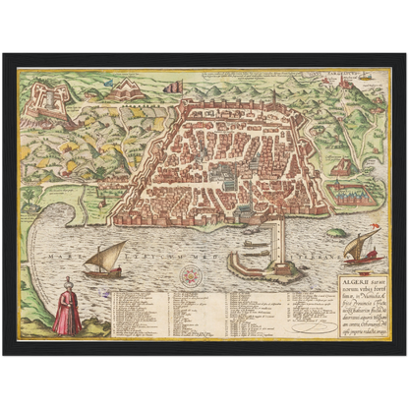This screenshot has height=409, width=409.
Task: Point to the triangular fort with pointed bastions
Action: click(125, 90)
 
